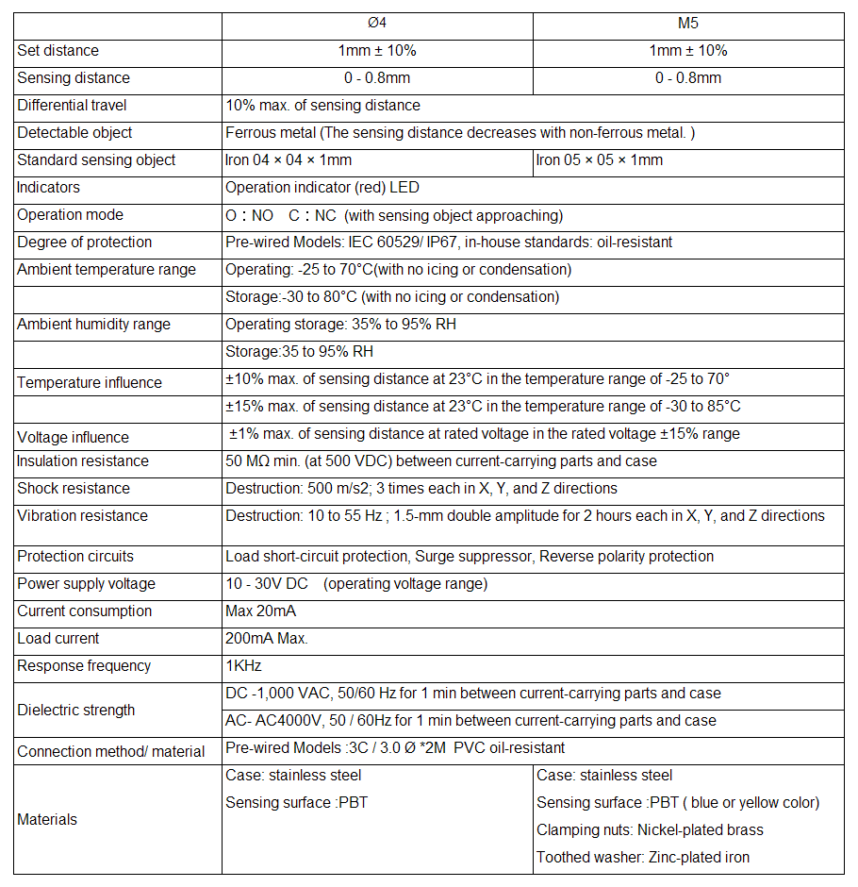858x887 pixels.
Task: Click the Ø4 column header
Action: [377, 24]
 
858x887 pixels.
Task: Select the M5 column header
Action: [688, 24]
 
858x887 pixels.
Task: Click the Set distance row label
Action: [58, 51]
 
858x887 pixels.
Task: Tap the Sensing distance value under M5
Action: [688, 78]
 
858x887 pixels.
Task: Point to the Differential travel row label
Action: [72, 106]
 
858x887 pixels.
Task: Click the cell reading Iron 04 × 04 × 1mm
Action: [289, 160]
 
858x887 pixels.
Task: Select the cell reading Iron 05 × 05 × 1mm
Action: [600, 160]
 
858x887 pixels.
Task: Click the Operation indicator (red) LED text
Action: [322, 188]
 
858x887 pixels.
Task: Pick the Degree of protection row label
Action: [85, 243]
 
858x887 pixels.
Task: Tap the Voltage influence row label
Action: [74, 438]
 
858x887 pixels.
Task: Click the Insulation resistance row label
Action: [83, 461]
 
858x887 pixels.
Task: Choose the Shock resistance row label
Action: [74, 489]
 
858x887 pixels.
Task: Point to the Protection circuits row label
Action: [75, 557]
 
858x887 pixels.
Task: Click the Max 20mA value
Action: [260, 611]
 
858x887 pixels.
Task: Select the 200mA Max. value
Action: [267, 639]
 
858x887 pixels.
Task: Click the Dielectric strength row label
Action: [76, 711]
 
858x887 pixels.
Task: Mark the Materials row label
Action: [47, 820]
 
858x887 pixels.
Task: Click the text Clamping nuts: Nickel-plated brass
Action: [650, 830]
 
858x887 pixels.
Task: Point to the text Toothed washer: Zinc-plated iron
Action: [643, 858]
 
